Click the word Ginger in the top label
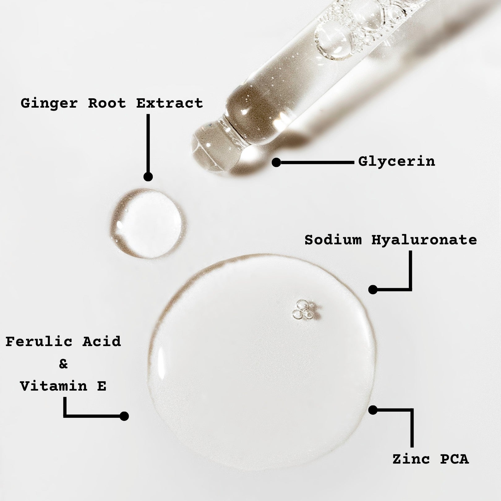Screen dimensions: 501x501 coord(49,103)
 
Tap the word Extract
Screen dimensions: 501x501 coord(169,103)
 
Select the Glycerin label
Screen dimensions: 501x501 coord(396,161)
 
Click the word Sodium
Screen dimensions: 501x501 coord(333,240)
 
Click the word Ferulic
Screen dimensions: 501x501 coord(39,341)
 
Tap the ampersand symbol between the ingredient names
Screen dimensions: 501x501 coord(63,364)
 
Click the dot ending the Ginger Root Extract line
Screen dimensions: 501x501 coord(148,177)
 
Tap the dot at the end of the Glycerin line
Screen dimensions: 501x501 coord(276,162)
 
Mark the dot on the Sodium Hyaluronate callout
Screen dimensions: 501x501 coord(373,289)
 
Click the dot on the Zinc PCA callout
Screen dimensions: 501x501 coord(373,410)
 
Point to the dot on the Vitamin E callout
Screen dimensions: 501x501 coord(124,416)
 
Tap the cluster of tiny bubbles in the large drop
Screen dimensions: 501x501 coord(304,309)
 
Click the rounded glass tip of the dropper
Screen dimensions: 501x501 coord(213,145)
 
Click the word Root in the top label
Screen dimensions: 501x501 coord(107,103)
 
